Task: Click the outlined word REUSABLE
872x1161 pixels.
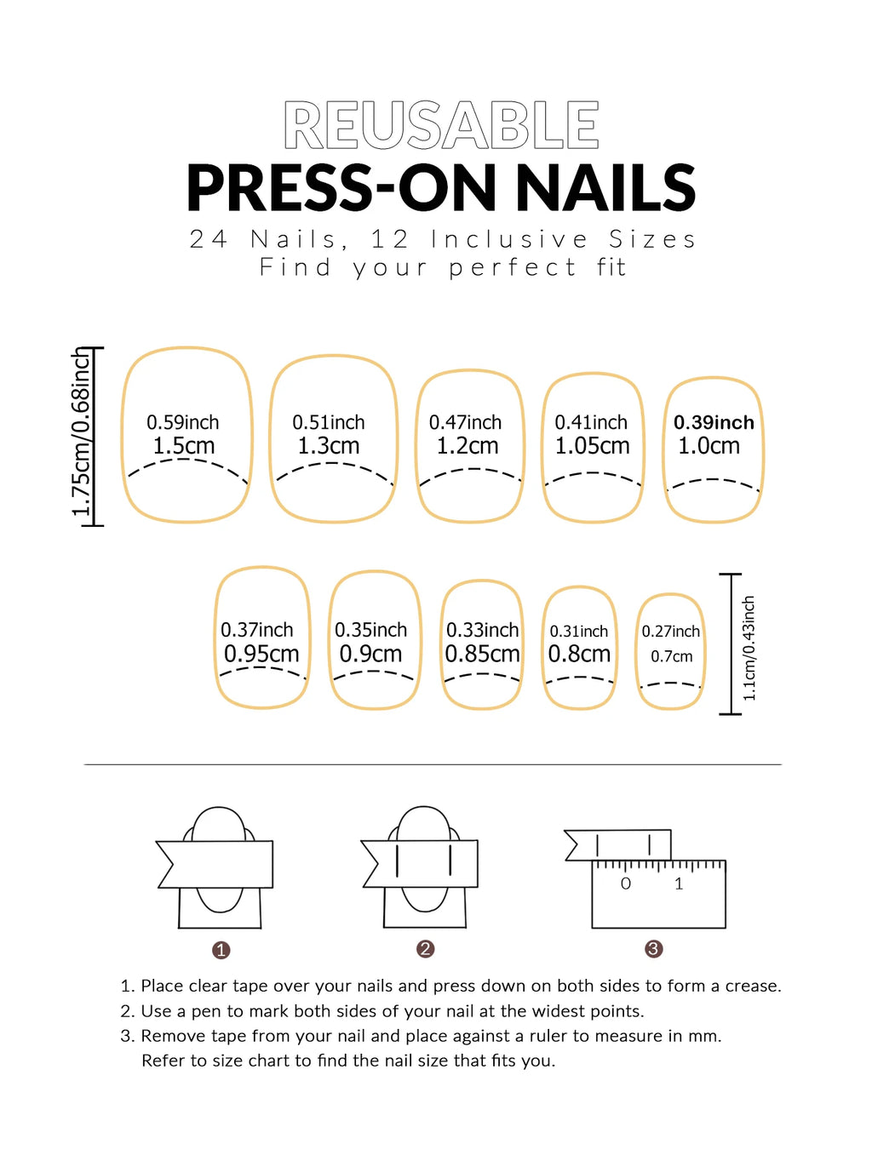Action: point(441,126)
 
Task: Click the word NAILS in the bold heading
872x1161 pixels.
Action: point(605,188)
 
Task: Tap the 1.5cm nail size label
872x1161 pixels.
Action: point(184,446)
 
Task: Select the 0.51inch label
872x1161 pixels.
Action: point(329,422)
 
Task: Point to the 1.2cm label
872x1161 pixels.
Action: point(468,446)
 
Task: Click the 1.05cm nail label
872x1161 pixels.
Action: point(592,446)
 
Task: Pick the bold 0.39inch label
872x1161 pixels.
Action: point(714,422)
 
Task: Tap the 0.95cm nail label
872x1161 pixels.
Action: point(261,655)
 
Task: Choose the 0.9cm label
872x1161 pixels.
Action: point(370,655)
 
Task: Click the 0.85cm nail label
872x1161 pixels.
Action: point(482,655)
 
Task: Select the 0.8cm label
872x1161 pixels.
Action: point(579,655)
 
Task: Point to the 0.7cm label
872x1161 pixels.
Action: point(672,656)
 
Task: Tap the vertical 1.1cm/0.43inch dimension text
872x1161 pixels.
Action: point(749,648)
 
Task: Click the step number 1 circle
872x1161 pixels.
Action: point(221,950)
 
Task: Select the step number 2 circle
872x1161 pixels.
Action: point(426,949)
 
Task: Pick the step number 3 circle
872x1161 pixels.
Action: point(654,949)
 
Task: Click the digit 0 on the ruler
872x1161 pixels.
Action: point(626,884)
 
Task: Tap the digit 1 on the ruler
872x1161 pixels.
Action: point(679,884)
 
